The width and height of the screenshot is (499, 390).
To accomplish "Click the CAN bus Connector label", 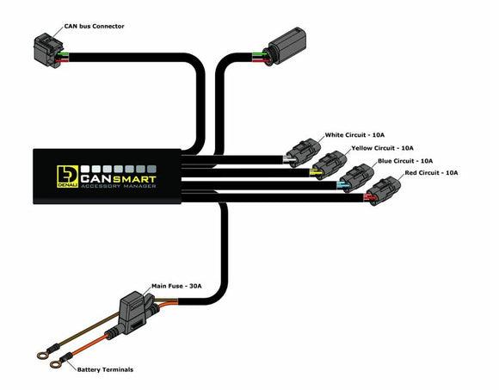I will [x=94, y=27].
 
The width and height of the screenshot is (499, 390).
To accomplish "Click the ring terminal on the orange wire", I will [x=54, y=364].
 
